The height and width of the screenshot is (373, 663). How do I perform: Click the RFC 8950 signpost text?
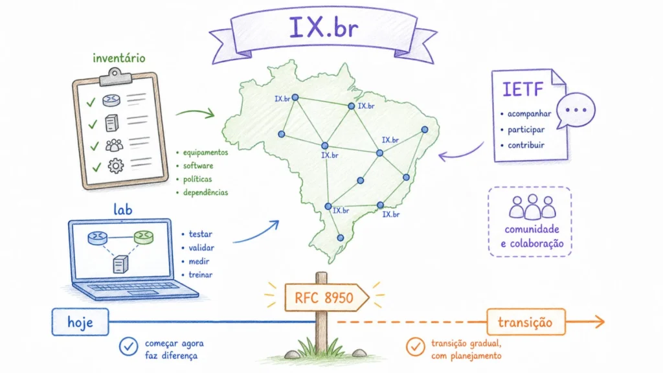pyautogui.click(x=324, y=298)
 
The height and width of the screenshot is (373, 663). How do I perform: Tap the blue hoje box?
pyautogui.click(x=80, y=322)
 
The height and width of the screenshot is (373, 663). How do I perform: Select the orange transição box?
pyautogui.click(x=526, y=322)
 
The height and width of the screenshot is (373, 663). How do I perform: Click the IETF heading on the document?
pyautogui.click(x=523, y=89)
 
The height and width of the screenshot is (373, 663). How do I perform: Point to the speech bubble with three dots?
pyautogui.click(x=575, y=110)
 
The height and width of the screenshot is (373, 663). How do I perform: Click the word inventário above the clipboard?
pyautogui.click(x=119, y=58)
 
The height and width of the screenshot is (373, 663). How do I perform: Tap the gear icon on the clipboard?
pyautogui.click(x=115, y=165)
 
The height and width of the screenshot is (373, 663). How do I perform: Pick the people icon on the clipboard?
pyautogui.click(x=114, y=145)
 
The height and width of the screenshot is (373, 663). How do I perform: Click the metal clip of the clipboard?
pyautogui.click(x=115, y=76)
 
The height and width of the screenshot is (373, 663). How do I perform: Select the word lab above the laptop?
pyautogui.click(x=122, y=210)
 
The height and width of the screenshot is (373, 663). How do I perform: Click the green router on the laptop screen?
pyautogui.click(x=143, y=237)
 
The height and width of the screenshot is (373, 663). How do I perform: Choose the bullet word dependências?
pyautogui.click(x=205, y=192)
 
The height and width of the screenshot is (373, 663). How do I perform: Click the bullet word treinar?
pyautogui.click(x=201, y=275)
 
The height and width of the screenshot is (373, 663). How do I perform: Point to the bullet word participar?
pyautogui.click(x=526, y=130)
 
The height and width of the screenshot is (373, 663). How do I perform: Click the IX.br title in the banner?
pyautogui.click(x=324, y=28)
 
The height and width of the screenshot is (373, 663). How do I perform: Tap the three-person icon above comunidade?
pyautogui.click(x=532, y=207)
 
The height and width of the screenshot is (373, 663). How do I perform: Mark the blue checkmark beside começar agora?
pyautogui.click(x=129, y=347)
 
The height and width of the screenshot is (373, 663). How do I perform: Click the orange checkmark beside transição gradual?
pyautogui.click(x=416, y=347)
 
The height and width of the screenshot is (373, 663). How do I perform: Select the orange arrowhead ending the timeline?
pyautogui.click(x=600, y=322)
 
